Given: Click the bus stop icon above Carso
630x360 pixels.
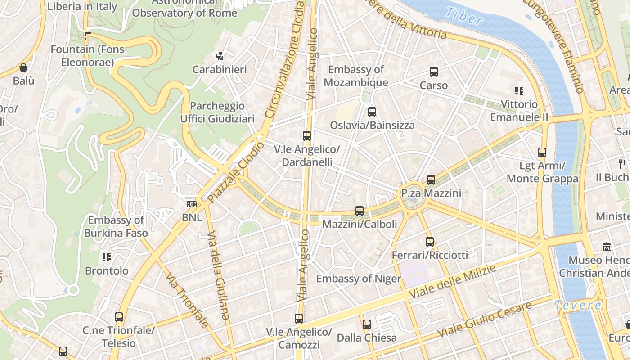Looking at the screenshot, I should point(434,72).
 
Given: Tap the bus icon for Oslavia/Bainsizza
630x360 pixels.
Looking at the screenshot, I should point(372,112).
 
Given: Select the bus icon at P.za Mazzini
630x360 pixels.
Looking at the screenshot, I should point(431,180).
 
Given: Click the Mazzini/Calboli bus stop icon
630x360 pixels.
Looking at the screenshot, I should point(360,211).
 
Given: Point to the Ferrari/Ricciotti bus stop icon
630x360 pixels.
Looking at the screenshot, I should point(430,242).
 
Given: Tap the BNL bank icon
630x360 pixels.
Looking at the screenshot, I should point(192,204).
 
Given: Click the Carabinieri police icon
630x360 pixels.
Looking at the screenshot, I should point(220,56).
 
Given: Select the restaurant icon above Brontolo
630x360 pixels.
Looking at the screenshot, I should point(107,257).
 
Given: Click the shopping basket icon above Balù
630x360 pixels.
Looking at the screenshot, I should point(23,68).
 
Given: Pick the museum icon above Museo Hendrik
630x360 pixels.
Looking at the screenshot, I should point(607,247).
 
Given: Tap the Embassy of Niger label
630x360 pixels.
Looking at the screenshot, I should point(358,279).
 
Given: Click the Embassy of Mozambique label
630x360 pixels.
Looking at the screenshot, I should point(356,76).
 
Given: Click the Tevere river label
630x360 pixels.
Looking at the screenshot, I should point(578,305).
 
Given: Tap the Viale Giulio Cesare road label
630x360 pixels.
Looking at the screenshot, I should point(485,320).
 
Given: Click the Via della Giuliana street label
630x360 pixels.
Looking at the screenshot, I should point(218,275).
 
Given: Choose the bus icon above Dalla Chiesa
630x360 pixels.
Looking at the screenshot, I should point(367,324).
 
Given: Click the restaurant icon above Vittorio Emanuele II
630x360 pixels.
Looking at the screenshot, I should point(519,91).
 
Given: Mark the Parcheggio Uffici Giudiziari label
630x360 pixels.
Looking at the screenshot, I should point(217,112).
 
